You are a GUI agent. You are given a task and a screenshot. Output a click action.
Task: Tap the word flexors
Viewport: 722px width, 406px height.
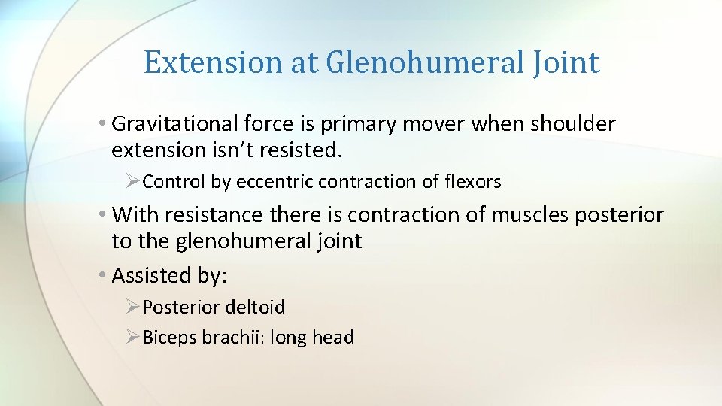pos(472,182)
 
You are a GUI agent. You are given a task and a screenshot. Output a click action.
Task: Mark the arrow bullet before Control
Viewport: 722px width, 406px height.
pos(132,182)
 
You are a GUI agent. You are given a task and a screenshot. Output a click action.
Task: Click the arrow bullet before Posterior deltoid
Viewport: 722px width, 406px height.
pos(132,308)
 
